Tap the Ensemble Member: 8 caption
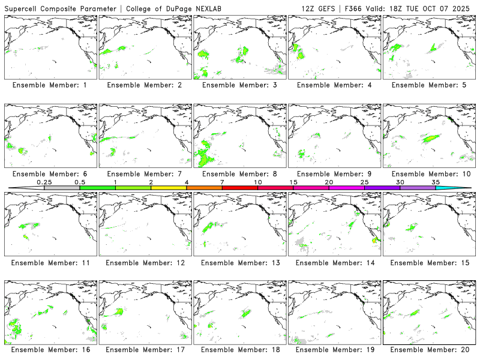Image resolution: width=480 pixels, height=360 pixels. click(239, 174)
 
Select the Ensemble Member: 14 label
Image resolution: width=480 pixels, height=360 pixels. click(334, 263)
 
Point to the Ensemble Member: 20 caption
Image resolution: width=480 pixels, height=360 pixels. click(429, 349)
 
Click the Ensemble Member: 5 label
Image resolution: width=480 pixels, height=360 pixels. click(429, 85)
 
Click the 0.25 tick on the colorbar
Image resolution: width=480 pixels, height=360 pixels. click(44, 182)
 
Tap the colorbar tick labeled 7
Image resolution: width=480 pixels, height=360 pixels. click(222, 182)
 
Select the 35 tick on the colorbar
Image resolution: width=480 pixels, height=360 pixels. click(436, 182)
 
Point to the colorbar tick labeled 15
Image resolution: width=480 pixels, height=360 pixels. click(293, 182)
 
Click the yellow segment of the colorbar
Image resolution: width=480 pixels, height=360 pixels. click(169, 188)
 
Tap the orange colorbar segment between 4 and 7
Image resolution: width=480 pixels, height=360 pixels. click(204, 188)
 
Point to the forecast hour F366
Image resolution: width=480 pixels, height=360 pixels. click(355, 8)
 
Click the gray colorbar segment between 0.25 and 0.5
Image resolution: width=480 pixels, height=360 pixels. click(62, 188)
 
